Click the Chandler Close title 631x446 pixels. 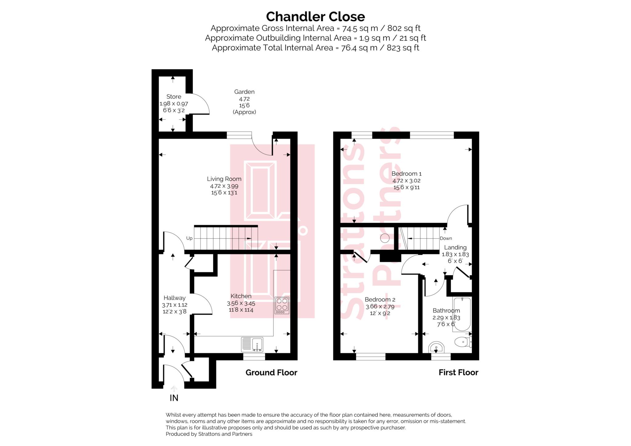coord(315,17)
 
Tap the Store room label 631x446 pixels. coord(173,97)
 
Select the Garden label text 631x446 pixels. coord(244,92)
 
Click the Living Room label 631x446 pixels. coord(224,179)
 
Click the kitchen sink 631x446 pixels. coord(252,344)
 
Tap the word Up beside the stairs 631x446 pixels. coord(189,238)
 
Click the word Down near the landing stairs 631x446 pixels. coord(446,238)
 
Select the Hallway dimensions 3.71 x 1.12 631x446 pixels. coord(174,305)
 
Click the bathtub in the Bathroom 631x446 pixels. coord(462,314)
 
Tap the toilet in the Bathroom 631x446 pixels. coord(462,342)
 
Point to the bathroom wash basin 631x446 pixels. coord(436,348)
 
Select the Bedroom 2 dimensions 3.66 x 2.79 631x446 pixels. coord(380,307)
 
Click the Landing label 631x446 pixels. coord(455,248)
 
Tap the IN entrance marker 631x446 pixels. coord(174,398)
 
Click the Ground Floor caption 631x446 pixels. coord(271,373)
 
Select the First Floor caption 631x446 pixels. coord(458,373)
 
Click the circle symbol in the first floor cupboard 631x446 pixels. coord(385,238)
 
